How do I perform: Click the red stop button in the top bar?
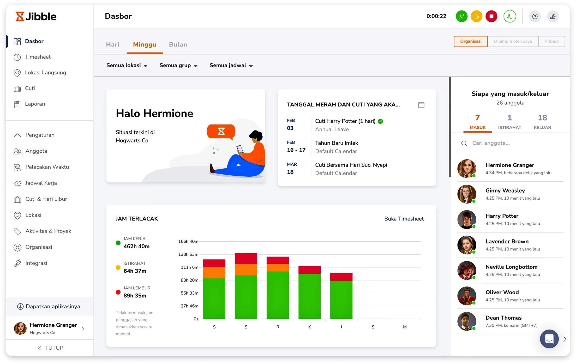pyautogui.click(x=491, y=16)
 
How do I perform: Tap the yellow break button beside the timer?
pyautogui.click(x=476, y=16)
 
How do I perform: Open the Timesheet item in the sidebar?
pyautogui.click(x=38, y=57)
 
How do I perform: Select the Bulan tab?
pyautogui.click(x=178, y=44)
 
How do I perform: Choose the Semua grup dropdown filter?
pyautogui.click(x=178, y=65)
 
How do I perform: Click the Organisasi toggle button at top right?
pyautogui.click(x=471, y=41)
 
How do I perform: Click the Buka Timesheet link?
pyautogui.click(x=404, y=219)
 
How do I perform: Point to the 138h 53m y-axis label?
pyautogui.click(x=188, y=254)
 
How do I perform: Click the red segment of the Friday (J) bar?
pyautogui.click(x=341, y=277)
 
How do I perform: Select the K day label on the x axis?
pyautogui.click(x=309, y=327)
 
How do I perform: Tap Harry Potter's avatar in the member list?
pyautogui.click(x=467, y=219)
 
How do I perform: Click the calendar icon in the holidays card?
pyautogui.click(x=421, y=105)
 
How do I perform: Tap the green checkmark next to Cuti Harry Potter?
pyautogui.click(x=380, y=121)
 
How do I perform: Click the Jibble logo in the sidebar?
pyautogui.click(x=36, y=16)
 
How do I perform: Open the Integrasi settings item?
pyautogui.click(x=36, y=263)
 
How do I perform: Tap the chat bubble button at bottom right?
pyautogui.click(x=549, y=339)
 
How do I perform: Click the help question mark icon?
pyautogui.click(x=535, y=16)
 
